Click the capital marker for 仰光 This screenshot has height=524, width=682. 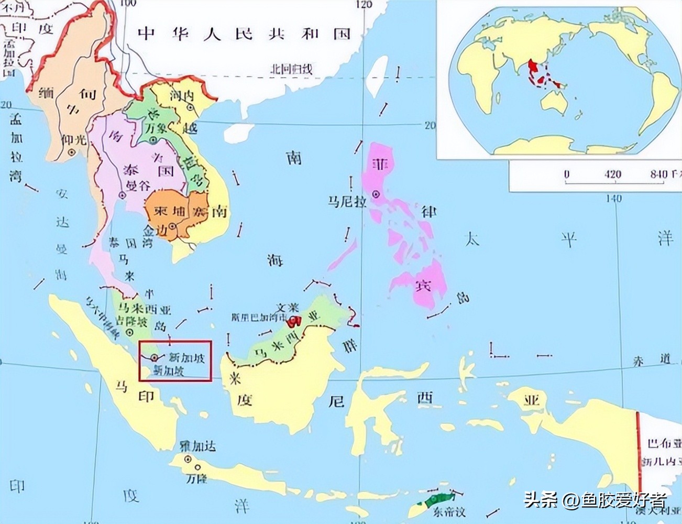tap(72, 152)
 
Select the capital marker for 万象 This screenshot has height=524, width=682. tap(153, 140)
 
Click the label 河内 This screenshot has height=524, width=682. tap(182, 95)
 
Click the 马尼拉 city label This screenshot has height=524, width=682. tap(347, 201)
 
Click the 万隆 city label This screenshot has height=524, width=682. tap(197, 478)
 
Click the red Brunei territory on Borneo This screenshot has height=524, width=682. tap(296, 320)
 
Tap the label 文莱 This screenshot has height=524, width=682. tap(288, 308)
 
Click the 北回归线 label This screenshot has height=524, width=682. tap(291, 69)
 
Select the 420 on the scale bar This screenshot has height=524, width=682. tap(613, 174)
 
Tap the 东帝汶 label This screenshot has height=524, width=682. tap(449, 511)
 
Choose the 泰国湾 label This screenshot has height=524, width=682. tap(123, 243)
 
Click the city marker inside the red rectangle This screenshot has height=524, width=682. tap(154, 357)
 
